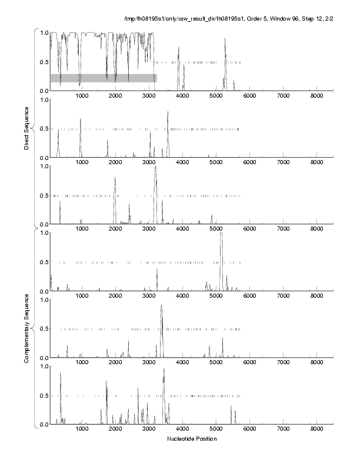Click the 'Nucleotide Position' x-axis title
click(192, 439)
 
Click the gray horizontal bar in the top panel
click(103, 78)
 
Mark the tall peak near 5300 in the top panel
click(225, 40)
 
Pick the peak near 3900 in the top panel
click(178, 49)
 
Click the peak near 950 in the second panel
click(80, 120)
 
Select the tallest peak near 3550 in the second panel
click(168, 112)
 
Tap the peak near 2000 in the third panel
click(115, 178)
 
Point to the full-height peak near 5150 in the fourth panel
click(221, 234)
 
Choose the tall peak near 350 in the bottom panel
click(60, 372)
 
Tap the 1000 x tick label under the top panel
click(82, 95)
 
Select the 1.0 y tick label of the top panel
click(43, 32)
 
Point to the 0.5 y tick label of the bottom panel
click(43, 395)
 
